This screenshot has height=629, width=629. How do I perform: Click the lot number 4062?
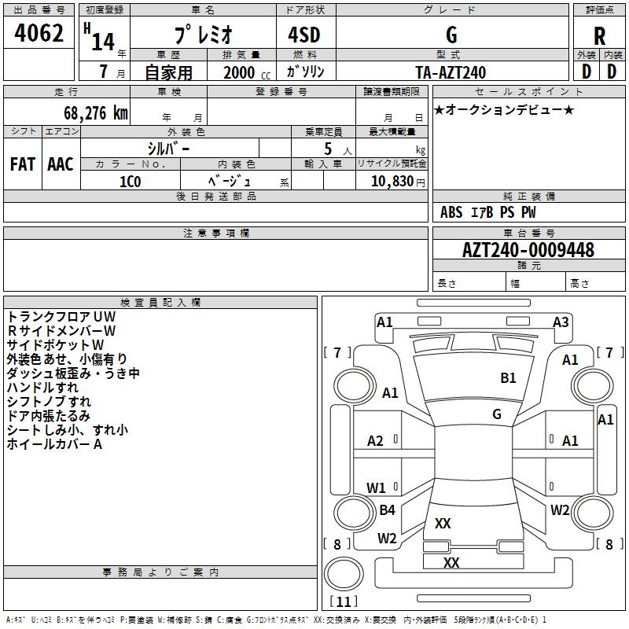click(39, 33)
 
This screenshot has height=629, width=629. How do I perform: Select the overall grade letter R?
click(599, 36)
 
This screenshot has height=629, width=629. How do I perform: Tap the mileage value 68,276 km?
click(96, 113)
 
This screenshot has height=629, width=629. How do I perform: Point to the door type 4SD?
click(304, 35)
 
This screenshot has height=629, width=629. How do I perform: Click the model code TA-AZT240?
click(451, 72)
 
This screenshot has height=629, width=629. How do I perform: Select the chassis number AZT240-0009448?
click(528, 250)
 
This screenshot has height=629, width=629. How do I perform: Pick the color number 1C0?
click(131, 182)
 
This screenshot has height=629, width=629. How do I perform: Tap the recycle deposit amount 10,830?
click(392, 181)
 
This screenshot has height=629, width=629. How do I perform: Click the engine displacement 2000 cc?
click(247, 72)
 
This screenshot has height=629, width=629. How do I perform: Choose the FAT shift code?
click(23, 164)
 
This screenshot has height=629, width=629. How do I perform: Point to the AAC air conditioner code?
click(61, 164)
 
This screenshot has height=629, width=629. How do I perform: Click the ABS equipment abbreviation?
click(451, 212)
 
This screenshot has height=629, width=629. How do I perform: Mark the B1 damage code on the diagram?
click(508, 378)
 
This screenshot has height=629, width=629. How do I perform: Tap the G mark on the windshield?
click(497, 414)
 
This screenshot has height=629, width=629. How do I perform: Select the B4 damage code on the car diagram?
click(387, 509)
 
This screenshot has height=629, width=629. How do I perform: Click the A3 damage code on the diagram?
click(561, 322)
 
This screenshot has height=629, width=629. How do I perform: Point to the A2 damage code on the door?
click(375, 441)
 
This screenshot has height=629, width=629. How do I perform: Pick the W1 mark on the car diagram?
click(376, 487)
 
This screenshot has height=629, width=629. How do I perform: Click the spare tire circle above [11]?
click(344, 574)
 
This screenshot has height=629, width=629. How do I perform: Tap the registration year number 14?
click(103, 42)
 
